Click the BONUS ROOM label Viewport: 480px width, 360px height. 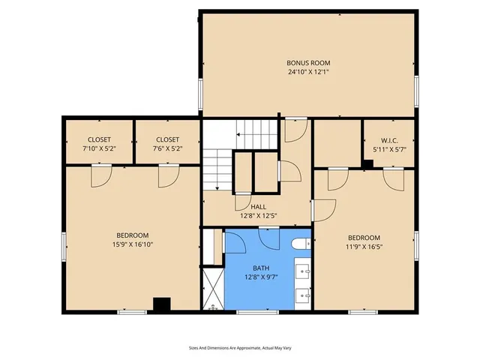(x=308, y=62)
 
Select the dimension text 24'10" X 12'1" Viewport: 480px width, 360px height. (x=308, y=73)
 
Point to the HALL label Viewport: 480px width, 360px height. (x=258, y=207)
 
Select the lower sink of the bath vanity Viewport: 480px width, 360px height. (x=303, y=294)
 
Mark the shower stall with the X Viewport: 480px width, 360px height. (x=212, y=289)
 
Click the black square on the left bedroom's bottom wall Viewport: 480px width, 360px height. (x=160, y=304)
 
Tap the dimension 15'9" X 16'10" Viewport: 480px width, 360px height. (x=133, y=244)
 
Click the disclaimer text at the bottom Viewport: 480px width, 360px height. (x=239, y=347)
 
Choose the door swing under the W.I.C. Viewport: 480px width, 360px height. (x=394, y=178)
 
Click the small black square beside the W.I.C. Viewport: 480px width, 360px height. (x=367, y=164)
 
